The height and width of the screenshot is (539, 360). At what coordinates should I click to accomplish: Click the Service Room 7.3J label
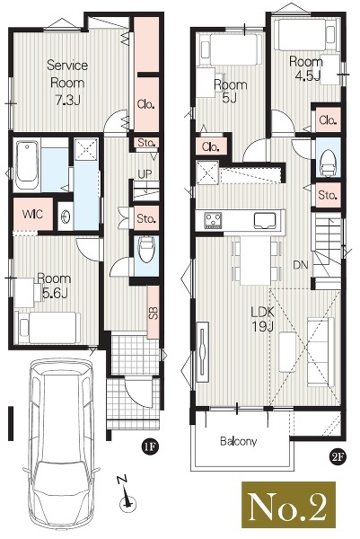[x=67, y=83]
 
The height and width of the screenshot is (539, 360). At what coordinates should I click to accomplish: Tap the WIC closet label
[x=32, y=214]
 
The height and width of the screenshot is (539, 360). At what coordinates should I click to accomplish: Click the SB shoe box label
[x=154, y=313]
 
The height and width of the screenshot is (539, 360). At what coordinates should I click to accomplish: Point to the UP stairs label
[x=145, y=174]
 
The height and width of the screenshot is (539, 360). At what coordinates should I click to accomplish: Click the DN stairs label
[x=300, y=265]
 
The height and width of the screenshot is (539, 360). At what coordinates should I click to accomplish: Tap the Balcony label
[x=239, y=441]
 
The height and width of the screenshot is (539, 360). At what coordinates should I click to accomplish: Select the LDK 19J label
[x=263, y=319]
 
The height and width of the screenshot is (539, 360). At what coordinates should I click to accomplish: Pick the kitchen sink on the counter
[x=265, y=221]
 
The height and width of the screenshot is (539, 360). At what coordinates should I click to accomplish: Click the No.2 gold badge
[x=288, y=505]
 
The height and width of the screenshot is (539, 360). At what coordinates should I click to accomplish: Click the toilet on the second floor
[x=328, y=163]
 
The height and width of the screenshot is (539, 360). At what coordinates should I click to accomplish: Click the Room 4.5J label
[x=306, y=68]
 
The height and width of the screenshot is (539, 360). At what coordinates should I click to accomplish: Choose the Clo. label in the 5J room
[x=211, y=146]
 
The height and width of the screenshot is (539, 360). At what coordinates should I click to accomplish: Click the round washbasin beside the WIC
[x=65, y=216]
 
